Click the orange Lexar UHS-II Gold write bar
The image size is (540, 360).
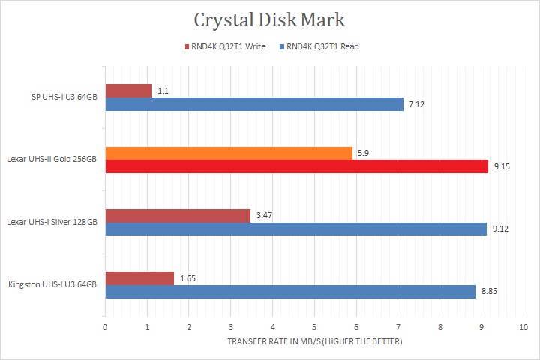pos(229,153)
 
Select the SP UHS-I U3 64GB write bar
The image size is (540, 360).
pos(128,90)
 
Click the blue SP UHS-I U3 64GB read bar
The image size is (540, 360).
pos(254,103)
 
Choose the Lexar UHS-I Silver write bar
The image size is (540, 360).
pos(178,216)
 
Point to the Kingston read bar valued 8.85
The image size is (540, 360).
pos(290,291)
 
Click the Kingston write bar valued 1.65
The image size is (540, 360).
pos(139,278)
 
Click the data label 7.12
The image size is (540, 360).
pos(416,103)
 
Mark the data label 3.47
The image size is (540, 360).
pos(263,216)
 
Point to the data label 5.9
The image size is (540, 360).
pos(363,153)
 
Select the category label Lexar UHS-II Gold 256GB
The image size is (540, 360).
pos(52,160)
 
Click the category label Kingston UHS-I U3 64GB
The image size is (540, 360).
pos(52,284)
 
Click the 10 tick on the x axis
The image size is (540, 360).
pos(523,327)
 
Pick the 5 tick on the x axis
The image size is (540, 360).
pos(314,327)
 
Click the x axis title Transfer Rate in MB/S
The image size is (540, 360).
pos(314,342)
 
